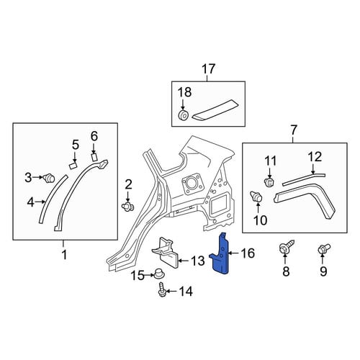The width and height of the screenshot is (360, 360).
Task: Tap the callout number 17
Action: click(208, 69)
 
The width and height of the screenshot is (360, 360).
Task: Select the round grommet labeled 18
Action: click(184, 114)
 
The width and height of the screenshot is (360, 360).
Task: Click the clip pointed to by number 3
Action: click(50, 178)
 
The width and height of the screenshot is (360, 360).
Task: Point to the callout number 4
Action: click(31, 202)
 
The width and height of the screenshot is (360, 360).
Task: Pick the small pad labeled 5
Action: click(73, 166)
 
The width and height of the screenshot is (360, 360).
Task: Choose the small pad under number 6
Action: click(94, 157)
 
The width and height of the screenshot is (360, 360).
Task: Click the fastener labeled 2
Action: click(128, 206)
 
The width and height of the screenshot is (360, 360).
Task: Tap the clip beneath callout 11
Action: click(269, 183)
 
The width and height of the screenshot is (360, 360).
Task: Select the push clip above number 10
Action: click(256, 197)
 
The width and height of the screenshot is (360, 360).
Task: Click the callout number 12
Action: click(315, 157)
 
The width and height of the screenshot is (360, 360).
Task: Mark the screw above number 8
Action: click(287, 247)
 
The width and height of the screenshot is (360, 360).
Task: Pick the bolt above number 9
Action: click(323, 249)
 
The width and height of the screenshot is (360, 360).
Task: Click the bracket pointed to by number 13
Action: click(166, 253)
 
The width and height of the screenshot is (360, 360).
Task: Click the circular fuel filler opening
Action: click(191, 184)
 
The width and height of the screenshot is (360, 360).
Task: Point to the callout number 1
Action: click(64, 255)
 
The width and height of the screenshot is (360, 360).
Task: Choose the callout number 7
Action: click(294, 130)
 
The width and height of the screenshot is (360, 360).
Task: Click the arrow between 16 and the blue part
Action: click(234, 253)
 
